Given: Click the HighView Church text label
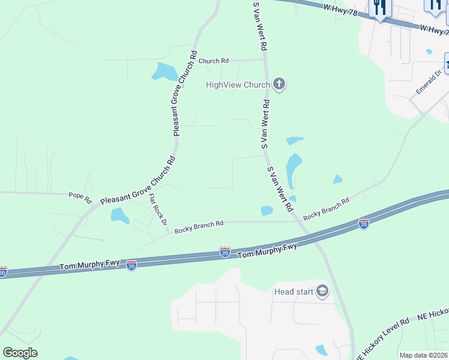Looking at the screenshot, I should click(x=238, y=85).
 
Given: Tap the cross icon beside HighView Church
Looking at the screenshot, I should click(x=279, y=85).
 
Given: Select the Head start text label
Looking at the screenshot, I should click(x=294, y=292).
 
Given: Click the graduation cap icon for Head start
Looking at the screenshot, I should click(x=322, y=292).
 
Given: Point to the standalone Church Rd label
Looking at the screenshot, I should click(x=213, y=61).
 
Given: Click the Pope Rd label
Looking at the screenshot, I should click(x=80, y=196).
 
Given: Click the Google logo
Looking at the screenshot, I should click(x=20, y=353).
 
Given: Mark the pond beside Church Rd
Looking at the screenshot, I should click(x=164, y=72).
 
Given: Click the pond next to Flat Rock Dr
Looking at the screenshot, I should click(x=120, y=215).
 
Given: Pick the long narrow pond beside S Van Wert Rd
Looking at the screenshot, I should click(x=294, y=169).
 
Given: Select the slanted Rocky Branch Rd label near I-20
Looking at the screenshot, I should click(x=326, y=208).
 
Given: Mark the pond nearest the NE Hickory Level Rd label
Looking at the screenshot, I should click(x=321, y=350).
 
